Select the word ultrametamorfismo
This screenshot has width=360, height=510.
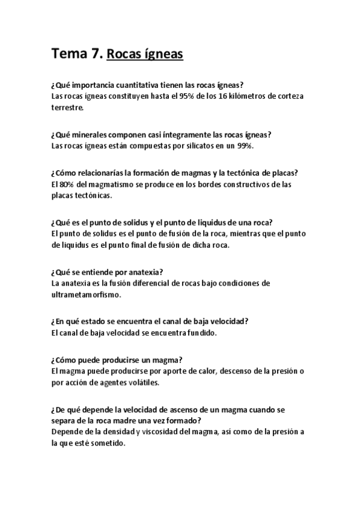[87, 295]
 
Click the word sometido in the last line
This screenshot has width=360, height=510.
[108, 444]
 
